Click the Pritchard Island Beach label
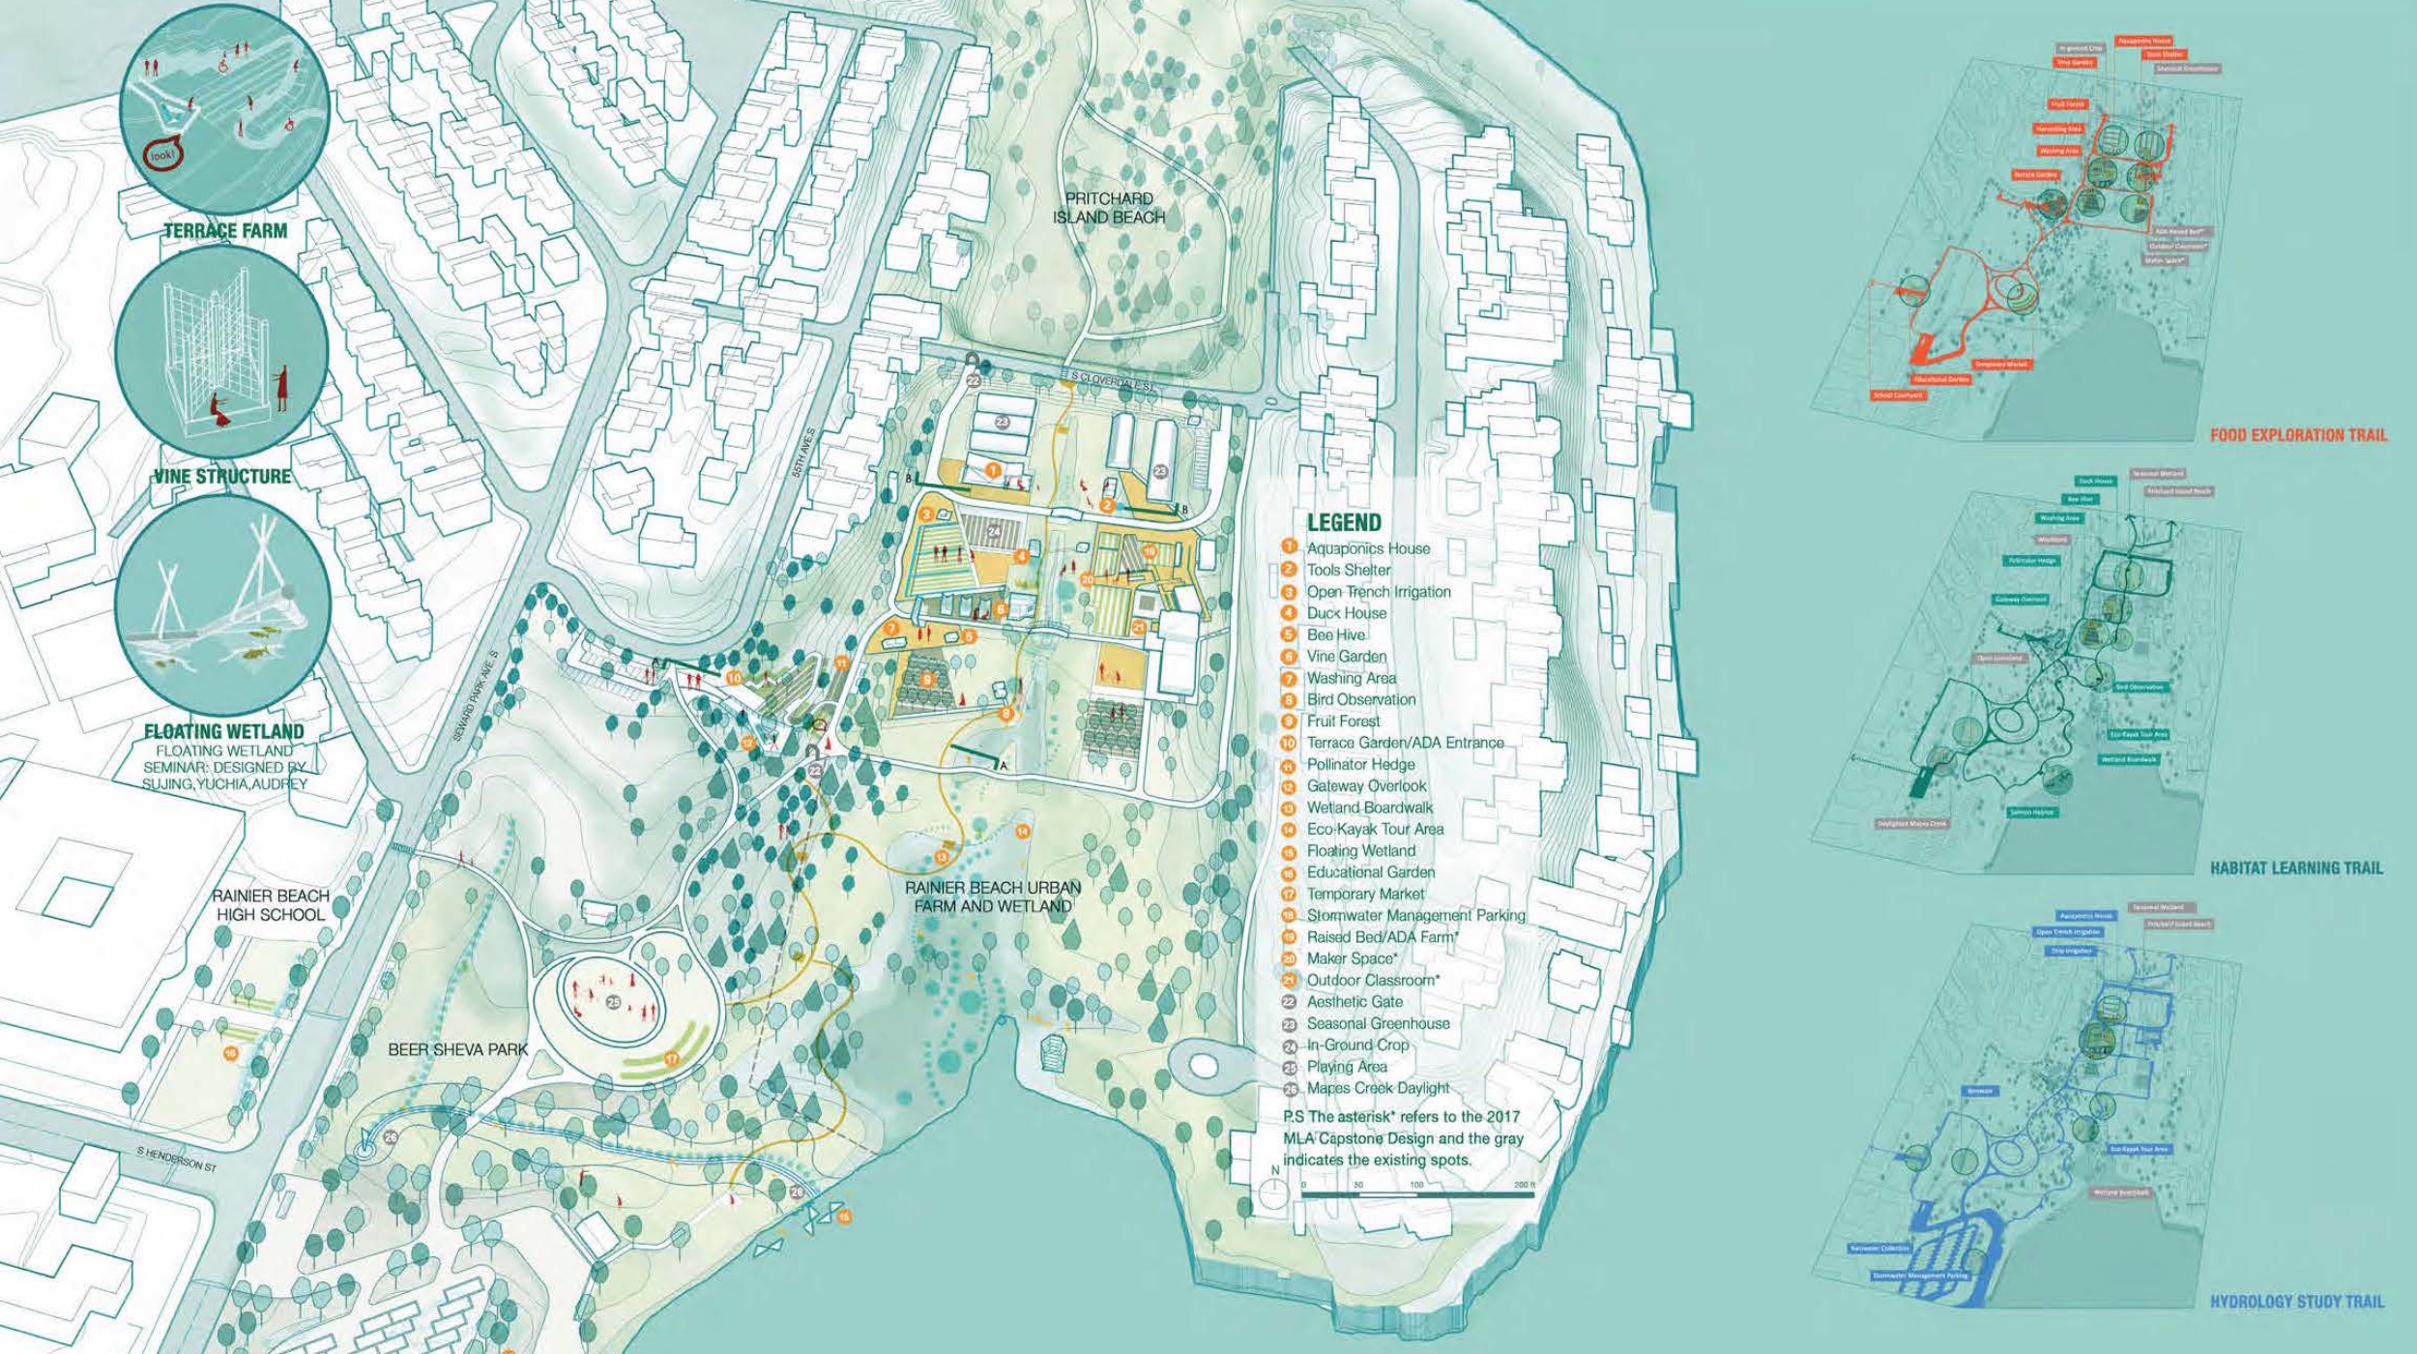[x=1109, y=208]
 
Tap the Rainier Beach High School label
[x=270, y=904]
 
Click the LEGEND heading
[x=1344, y=522]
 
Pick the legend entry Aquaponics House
[x=1367, y=548]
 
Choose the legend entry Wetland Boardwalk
[x=1369, y=808]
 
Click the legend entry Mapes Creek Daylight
[x=1378, y=1088]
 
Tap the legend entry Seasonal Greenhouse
[x=1378, y=1023]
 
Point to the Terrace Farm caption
[x=225, y=231]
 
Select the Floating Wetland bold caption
[x=223, y=731]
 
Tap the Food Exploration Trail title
[x=2297, y=435]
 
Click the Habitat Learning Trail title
[x=2296, y=868]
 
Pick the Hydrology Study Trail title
[x=2296, y=1302]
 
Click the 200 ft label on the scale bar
[x=1525, y=1184]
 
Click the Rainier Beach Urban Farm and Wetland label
[x=993, y=897]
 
